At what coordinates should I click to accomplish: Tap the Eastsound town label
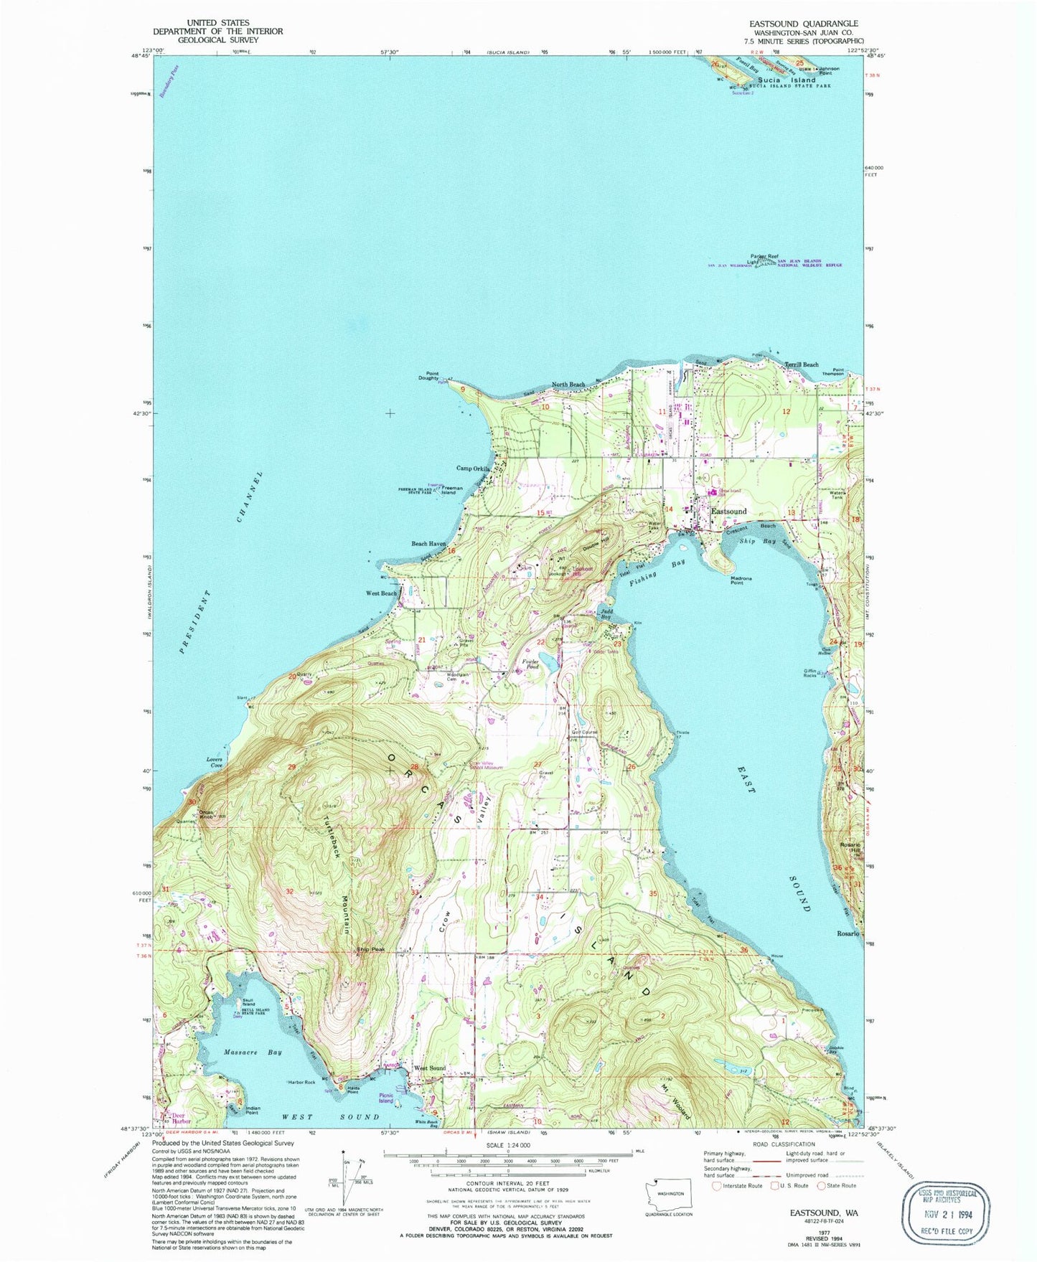click(x=728, y=512)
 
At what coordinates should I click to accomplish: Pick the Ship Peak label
click(x=371, y=950)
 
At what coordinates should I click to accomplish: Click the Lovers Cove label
click(x=215, y=762)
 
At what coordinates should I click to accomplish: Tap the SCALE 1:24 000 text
click(x=507, y=1144)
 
